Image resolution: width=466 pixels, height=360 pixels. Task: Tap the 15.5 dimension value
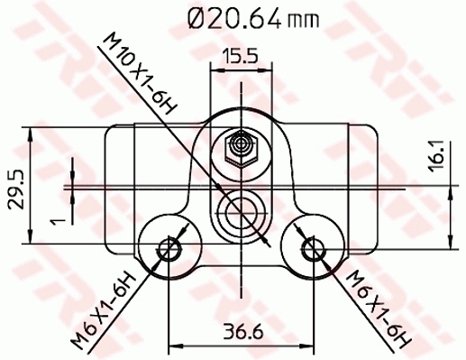pyautogui.click(x=240, y=57)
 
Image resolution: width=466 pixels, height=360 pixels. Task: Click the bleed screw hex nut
pyautogui.click(x=240, y=144)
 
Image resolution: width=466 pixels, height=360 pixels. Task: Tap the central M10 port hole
pyautogui.click(x=240, y=213)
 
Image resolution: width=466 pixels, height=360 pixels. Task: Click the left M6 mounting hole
pyautogui.click(x=167, y=249)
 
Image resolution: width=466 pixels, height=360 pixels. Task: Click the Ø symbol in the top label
pyautogui.click(x=196, y=15)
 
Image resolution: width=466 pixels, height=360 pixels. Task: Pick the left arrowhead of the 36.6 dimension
pyautogui.click(x=171, y=346)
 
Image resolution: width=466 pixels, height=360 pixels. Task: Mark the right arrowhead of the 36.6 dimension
pyautogui.click(x=308, y=346)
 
